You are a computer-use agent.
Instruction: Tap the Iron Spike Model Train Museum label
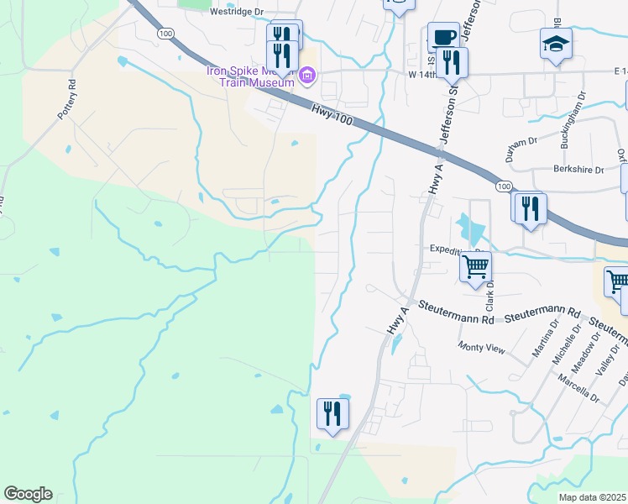tap(250, 76)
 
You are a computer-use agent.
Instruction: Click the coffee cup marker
tap(443, 37)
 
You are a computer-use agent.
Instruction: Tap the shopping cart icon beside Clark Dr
tap(476, 266)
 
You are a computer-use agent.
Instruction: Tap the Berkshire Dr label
tap(578, 170)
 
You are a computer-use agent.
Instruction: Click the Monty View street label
tap(481, 347)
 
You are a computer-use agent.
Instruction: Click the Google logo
tap(28, 494)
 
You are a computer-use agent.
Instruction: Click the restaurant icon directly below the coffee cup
tap(453, 62)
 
